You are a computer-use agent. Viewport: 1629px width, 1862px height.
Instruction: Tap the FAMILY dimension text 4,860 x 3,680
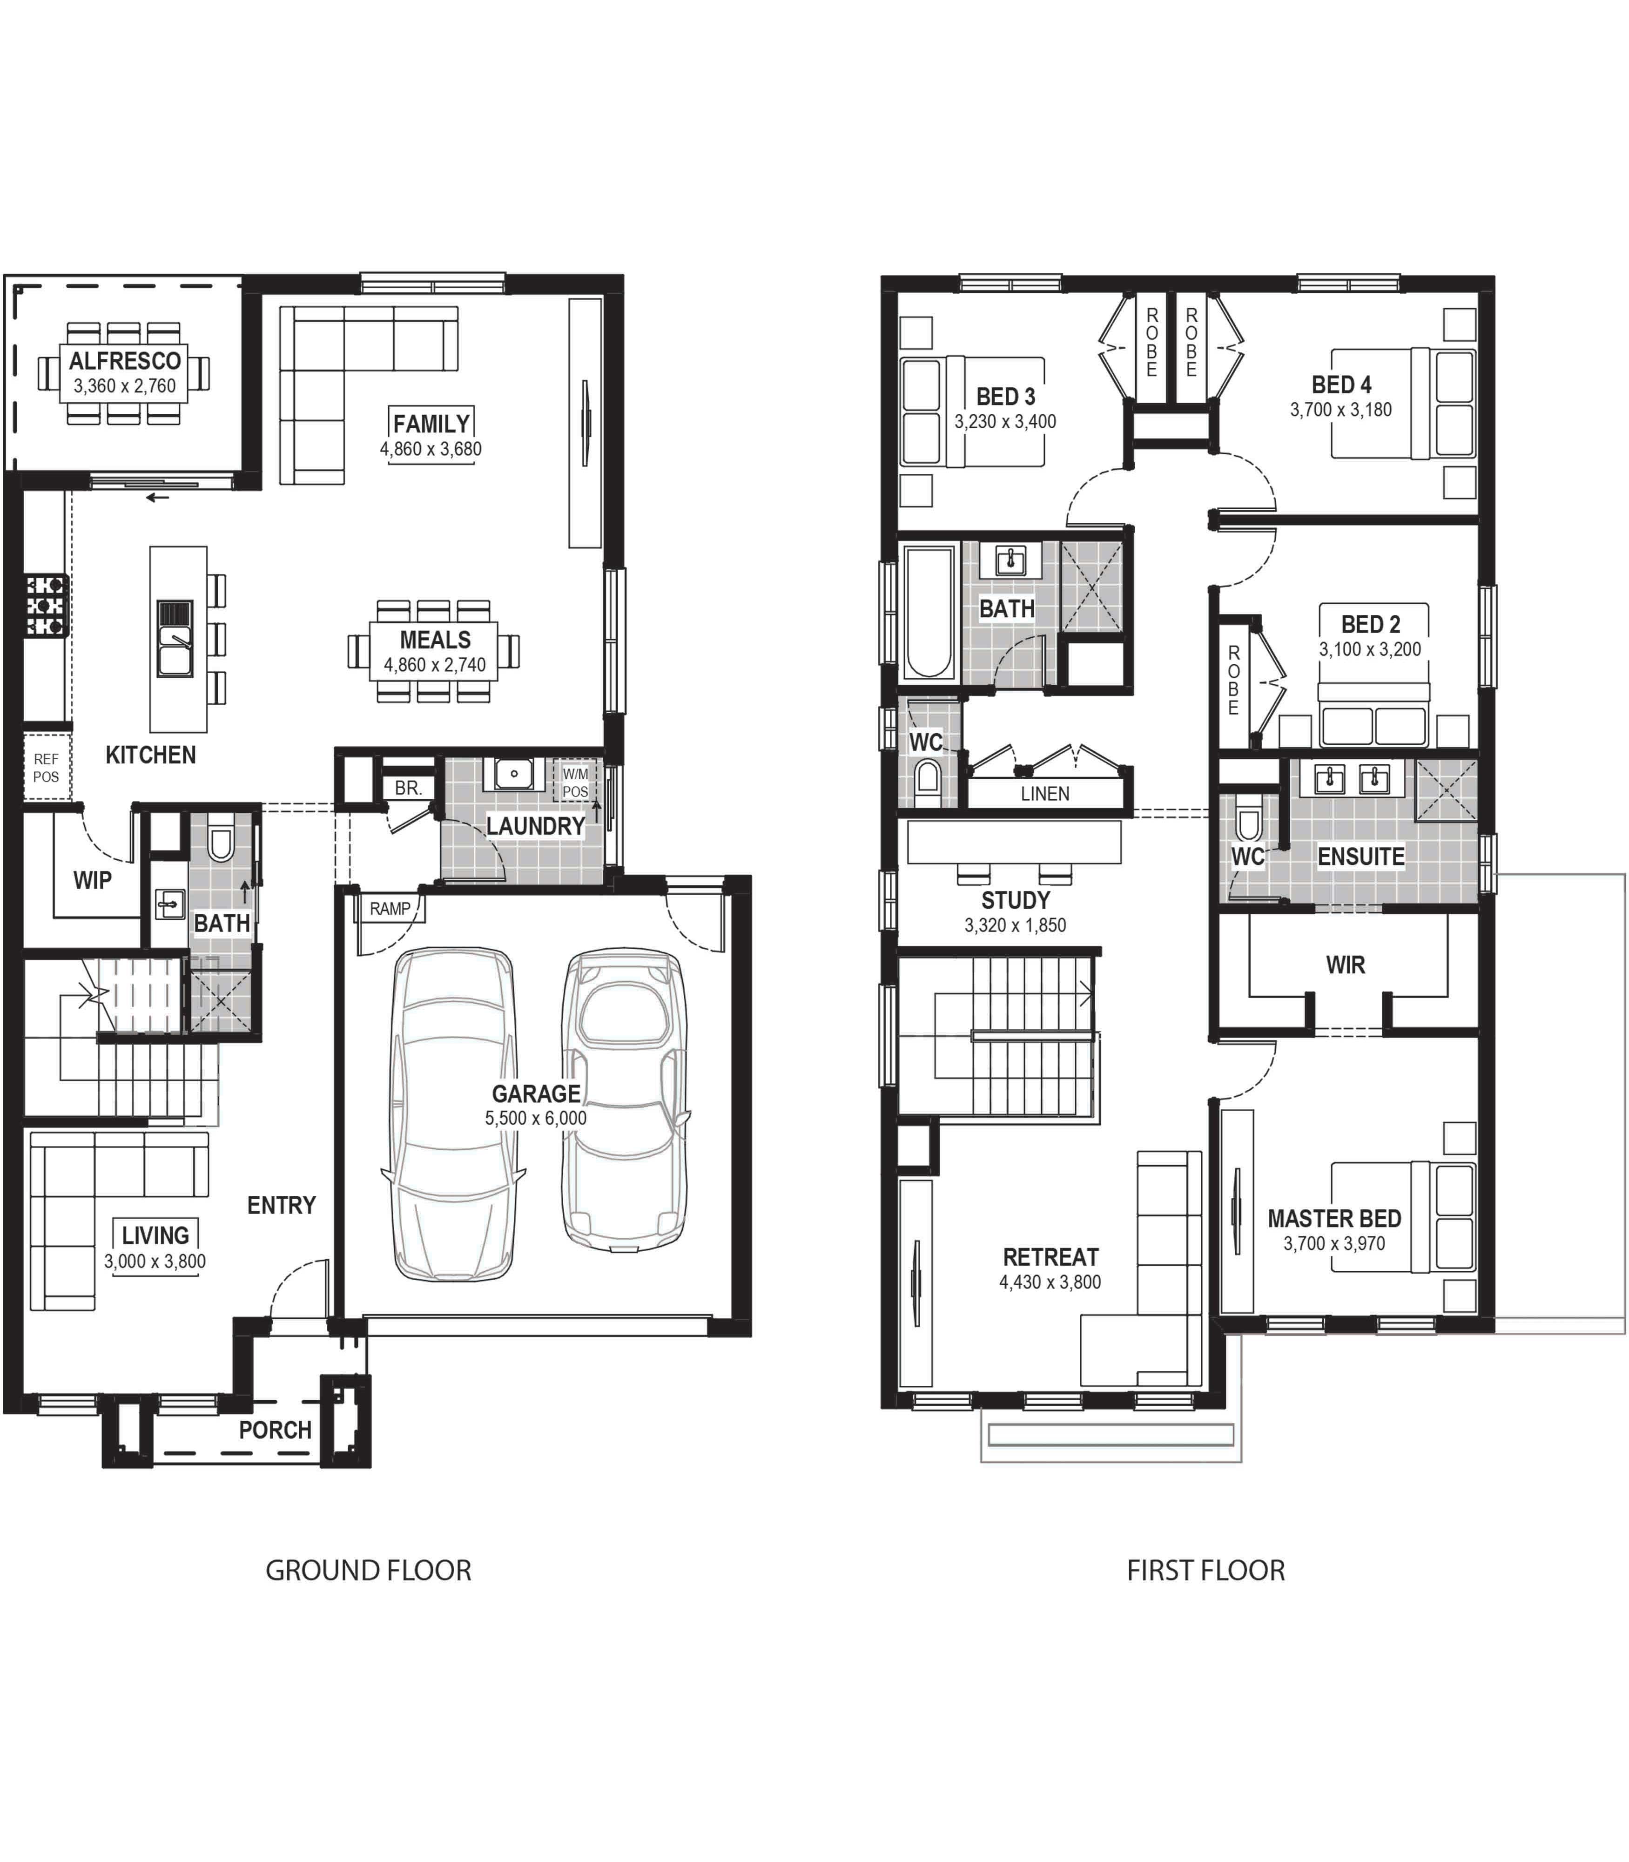pyautogui.click(x=431, y=449)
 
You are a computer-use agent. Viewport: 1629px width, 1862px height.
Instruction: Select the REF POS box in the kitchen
pyautogui.click(x=47, y=767)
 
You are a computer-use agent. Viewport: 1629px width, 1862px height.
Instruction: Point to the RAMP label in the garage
pyautogui.click(x=390, y=908)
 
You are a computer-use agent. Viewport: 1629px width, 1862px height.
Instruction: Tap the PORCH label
pyautogui.click(x=276, y=1430)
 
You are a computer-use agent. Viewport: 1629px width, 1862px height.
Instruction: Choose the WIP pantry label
pyautogui.click(x=93, y=880)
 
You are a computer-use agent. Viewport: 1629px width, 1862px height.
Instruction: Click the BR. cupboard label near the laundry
pyautogui.click(x=408, y=788)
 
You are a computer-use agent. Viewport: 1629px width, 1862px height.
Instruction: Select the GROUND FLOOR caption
pyautogui.click(x=368, y=1571)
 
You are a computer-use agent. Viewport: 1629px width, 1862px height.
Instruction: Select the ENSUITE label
pyautogui.click(x=1361, y=857)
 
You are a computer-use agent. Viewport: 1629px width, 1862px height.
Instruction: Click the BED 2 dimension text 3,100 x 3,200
pyautogui.click(x=1370, y=649)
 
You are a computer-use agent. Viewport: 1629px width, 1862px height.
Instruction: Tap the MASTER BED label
pyautogui.click(x=1334, y=1218)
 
